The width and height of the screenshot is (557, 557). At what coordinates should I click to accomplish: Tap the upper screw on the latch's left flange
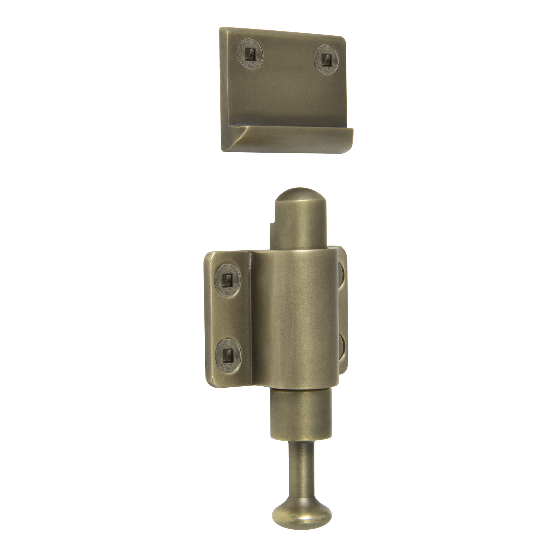coord(228,278)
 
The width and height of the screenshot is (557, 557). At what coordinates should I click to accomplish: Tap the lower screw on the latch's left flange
coord(228,353)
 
